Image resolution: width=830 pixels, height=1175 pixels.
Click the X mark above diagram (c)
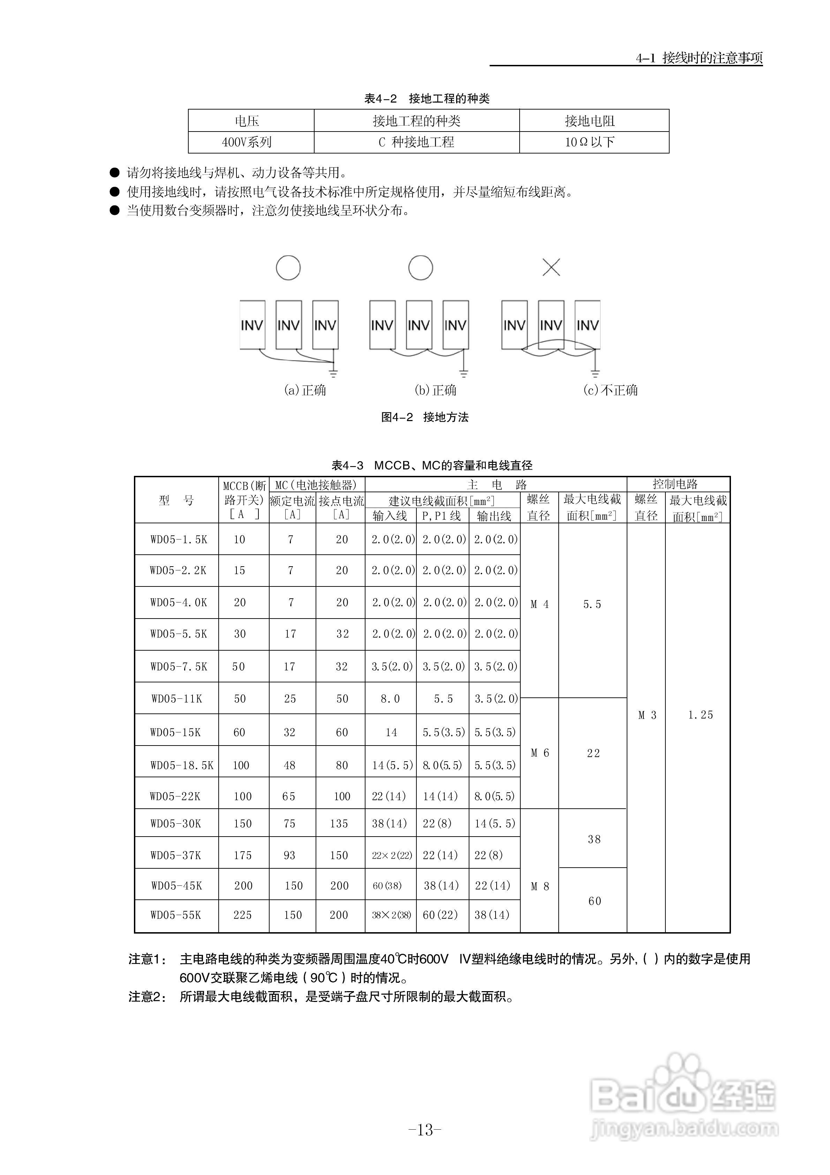551,267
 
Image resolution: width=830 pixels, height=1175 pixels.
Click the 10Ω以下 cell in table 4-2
589,142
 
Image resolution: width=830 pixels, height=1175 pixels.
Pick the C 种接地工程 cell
416,142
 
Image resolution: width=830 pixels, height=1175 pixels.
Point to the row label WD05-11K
176,698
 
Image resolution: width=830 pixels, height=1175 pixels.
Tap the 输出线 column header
494,516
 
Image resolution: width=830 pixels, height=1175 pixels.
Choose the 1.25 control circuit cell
700,715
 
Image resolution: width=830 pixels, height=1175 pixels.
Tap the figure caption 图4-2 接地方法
425,417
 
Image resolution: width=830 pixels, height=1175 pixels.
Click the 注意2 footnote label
147,996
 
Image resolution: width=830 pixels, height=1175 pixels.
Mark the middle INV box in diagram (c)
551,325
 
